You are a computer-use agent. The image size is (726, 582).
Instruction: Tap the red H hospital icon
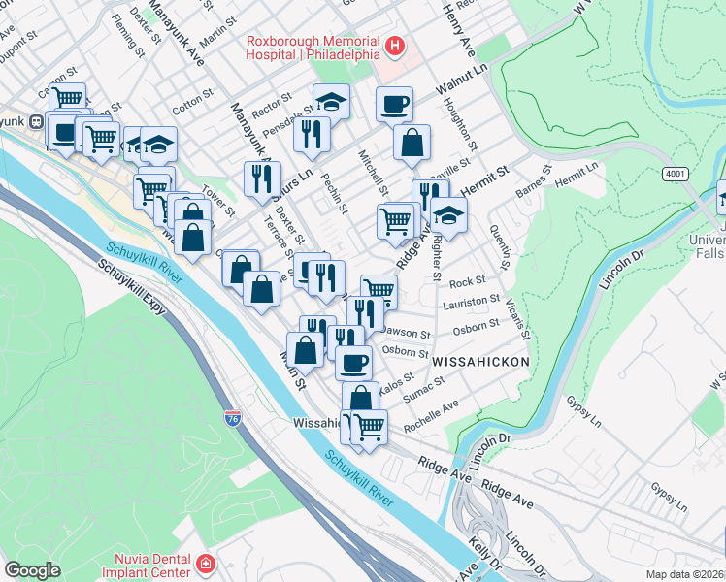click(x=395, y=46)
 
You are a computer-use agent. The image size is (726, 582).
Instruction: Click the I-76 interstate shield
click(x=233, y=418)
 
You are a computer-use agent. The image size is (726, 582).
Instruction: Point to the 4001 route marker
click(x=676, y=174)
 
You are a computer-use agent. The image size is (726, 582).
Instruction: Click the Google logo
click(x=32, y=569)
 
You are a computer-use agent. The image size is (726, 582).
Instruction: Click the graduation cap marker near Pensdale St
click(x=331, y=100)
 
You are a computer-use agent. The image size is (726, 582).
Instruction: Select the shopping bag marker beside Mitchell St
click(x=412, y=143)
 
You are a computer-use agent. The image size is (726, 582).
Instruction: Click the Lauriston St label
click(x=471, y=304)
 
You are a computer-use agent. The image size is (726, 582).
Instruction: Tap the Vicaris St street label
click(x=523, y=317)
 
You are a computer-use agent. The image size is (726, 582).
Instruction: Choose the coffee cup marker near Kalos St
click(x=353, y=363)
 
